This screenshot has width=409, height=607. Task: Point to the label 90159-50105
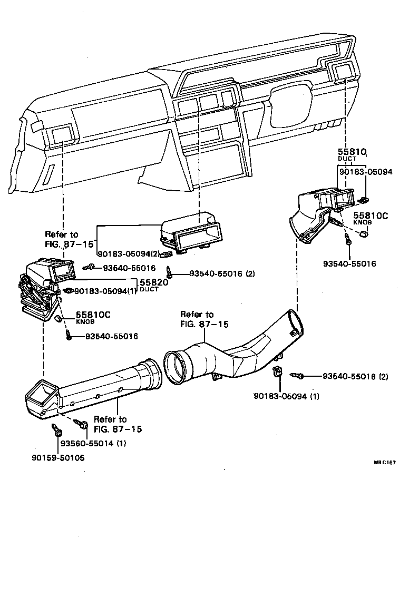[x=57, y=458]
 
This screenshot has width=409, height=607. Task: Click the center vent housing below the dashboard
[x=192, y=235]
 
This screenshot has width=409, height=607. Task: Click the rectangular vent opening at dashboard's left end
[x=62, y=134]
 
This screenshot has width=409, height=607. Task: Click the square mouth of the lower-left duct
[x=41, y=395]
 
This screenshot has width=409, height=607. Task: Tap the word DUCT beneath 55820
[x=149, y=290]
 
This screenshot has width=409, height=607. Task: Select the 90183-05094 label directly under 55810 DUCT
[x=366, y=172]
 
